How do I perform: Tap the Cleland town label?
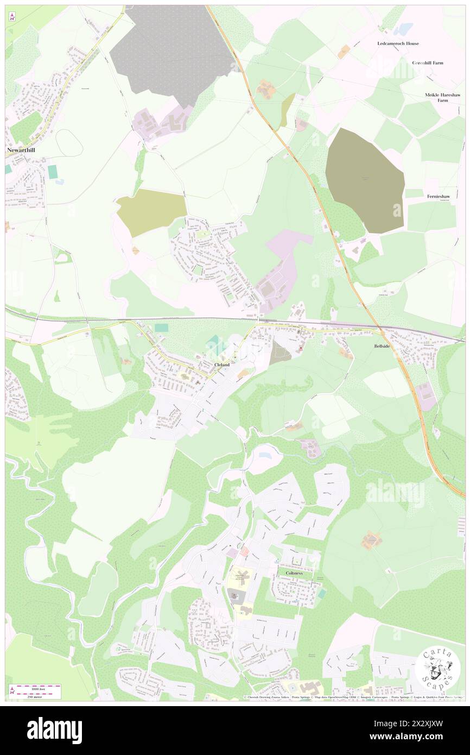pyautogui.click(x=221, y=364)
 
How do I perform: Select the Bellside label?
pyautogui.click(x=382, y=346)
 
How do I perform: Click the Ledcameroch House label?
pyautogui.click(x=398, y=43)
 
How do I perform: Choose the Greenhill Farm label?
pyautogui.click(x=428, y=63)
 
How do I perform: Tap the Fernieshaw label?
pyautogui.click(x=440, y=196)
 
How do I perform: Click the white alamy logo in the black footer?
pyautogui.click(x=54, y=731)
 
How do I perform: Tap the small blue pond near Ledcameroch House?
pyautogui.click(x=403, y=29)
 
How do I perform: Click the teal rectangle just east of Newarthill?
pyautogui.click(x=52, y=172)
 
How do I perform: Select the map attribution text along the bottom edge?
pyautogui.click(x=353, y=697)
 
